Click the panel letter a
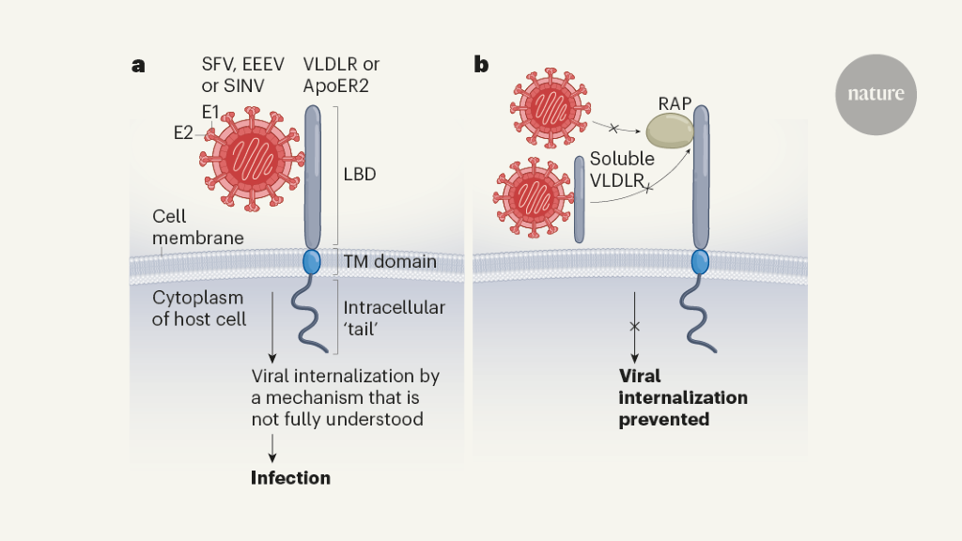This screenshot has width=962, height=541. (x=138, y=66)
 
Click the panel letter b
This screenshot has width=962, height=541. (x=480, y=66)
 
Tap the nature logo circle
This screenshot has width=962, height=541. (x=876, y=94)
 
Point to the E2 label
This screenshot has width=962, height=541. (x=182, y=133)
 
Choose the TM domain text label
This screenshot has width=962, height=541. (x=390, y=262)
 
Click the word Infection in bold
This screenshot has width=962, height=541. (x=290, y=477)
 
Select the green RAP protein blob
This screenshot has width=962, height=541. (x=668, y=130)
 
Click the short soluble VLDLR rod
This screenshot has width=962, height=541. (x=579, y=200)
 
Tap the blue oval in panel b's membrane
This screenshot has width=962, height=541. (x=700, y=262)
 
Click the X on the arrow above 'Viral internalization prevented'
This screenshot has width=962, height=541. (x=635, y=326)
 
